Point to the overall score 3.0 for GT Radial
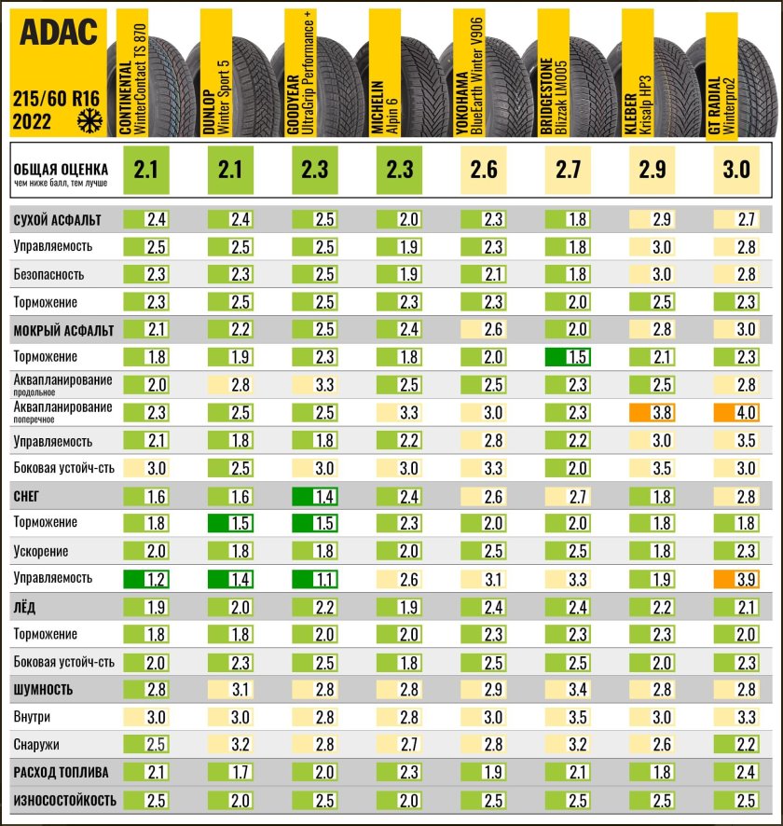[735, 170]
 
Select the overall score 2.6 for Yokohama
[483, 170]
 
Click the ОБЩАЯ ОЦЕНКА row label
[59, 169]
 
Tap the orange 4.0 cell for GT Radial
[735, 412]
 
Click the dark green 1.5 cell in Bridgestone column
[568, 357]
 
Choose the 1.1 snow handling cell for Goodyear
[314, 579]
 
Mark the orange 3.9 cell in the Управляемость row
[735, 579]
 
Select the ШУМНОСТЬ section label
[43, 690]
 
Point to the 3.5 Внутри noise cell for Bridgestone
[568, 718]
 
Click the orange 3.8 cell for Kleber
[652, 412]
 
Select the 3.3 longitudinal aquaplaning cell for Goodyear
[314, 384]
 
